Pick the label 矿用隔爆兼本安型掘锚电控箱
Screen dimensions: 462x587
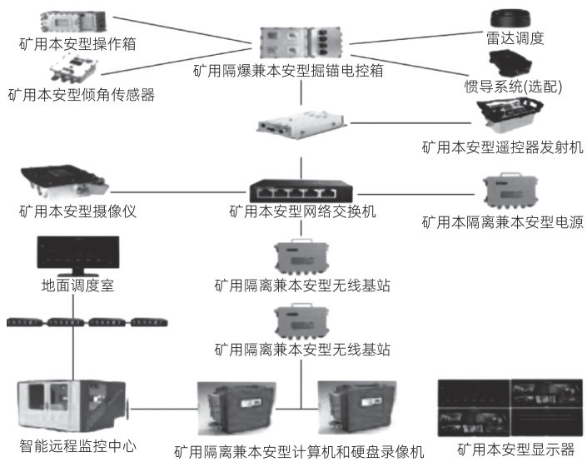coord(299,71)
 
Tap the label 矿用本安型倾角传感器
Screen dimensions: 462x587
coord(81,94)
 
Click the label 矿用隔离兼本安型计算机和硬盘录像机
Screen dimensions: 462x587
coord(299,452)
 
